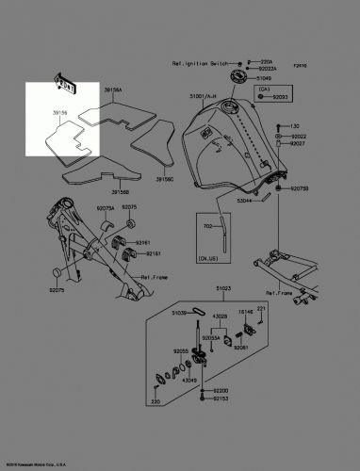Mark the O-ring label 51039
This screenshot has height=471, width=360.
coord(178,312)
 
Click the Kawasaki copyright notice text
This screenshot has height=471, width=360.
coord(36,464)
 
